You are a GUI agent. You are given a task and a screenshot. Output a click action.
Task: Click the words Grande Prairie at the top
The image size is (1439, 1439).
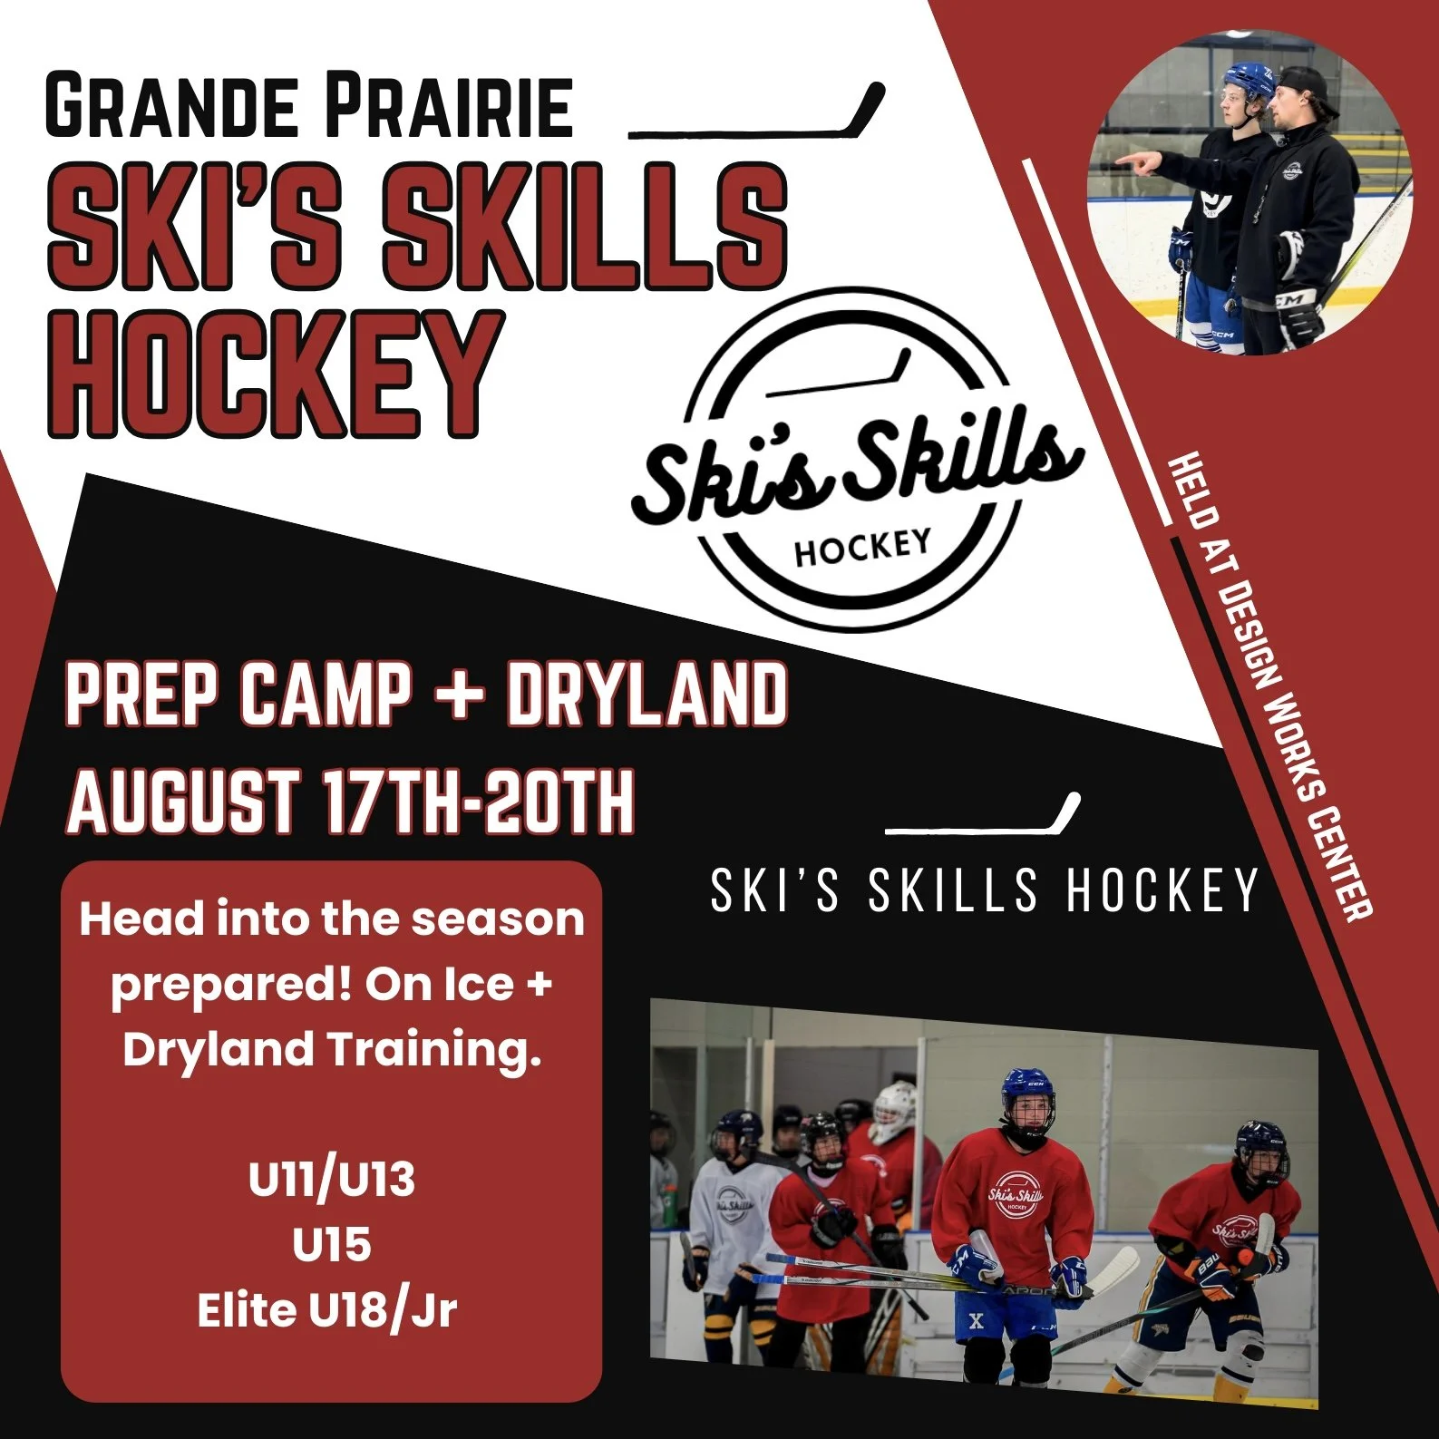point(308,107)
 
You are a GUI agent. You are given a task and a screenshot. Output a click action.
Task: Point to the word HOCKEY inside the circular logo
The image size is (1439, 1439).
point(862,546)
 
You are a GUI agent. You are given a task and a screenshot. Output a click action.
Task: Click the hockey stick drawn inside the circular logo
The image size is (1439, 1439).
point(839,375)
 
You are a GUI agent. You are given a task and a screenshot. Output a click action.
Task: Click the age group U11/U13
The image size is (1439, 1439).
point(331,1180)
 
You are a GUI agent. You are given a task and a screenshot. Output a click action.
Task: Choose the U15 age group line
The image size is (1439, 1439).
point(331,1245)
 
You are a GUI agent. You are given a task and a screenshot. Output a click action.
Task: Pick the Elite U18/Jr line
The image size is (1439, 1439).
point(327,1310)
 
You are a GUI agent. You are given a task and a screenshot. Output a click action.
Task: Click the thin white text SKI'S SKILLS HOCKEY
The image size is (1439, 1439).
point(984,890)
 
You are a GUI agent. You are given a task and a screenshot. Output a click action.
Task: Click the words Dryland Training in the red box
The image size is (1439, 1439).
point(332,1049)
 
